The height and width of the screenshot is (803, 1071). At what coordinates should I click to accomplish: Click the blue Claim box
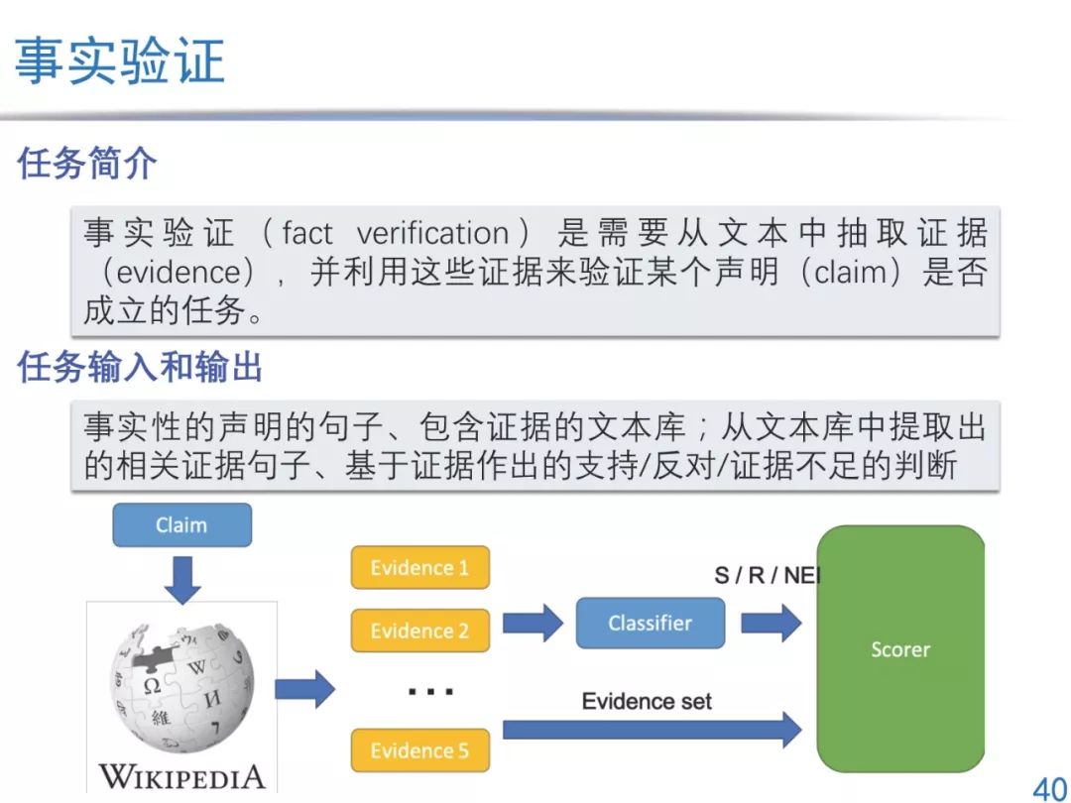click(181, 525)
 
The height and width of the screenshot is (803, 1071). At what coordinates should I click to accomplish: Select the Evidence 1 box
click(419, 568)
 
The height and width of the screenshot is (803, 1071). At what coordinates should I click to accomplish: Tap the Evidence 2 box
click(419, 631)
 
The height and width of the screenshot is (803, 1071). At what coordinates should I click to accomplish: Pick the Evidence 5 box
click(419, 750)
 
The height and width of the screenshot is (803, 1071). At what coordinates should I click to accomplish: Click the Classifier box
click(650, 624)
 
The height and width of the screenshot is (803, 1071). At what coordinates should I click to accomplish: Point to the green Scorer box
click(899, 649)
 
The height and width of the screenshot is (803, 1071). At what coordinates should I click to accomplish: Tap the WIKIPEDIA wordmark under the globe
click(181, 775)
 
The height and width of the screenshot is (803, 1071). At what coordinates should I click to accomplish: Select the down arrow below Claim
click(181, 577)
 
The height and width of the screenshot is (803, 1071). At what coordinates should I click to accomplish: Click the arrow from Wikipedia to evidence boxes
click(304, 689)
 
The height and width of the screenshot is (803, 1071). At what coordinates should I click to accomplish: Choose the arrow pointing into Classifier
click(532, 624)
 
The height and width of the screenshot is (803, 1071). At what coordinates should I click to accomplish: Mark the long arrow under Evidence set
click(651, 731)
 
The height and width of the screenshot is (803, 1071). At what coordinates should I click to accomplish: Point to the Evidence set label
click(647, 702)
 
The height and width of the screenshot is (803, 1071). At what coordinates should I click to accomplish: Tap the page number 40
click(1049, 788)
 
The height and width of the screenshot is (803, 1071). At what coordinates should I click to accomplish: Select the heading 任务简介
click(87, 164)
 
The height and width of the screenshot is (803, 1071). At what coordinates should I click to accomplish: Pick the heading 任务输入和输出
click(140, 369)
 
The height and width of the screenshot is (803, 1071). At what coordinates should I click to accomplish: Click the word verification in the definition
click(432, 234)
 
